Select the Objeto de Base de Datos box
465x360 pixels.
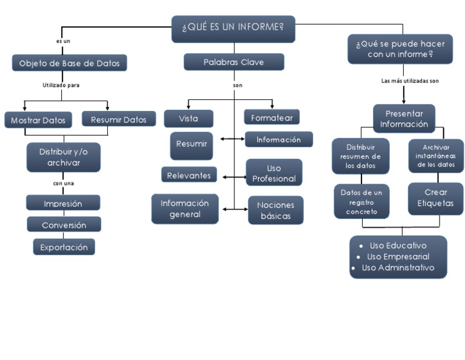coord(70,63)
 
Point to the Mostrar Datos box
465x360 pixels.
coord(38,120)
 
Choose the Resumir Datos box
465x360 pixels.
coord(119,120)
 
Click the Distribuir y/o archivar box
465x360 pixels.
coord(64,157)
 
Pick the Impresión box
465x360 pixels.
coord(64,204)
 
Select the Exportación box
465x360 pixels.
coord(64,247)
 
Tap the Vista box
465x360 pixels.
coord(188,119)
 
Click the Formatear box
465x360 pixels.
coord(272,116)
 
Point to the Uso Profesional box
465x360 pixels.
coord(274,173)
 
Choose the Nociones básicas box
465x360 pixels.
coord(275,210)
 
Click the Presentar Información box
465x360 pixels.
coord(404,119)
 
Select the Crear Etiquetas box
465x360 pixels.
coord(435,198)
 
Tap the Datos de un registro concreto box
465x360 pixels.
coord(361,202)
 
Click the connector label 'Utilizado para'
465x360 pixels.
coord(61,85)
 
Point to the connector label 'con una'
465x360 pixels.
coord(64,183)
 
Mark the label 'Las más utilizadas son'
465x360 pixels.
coord(410,81)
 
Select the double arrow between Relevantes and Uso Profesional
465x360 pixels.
coord(233,177)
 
